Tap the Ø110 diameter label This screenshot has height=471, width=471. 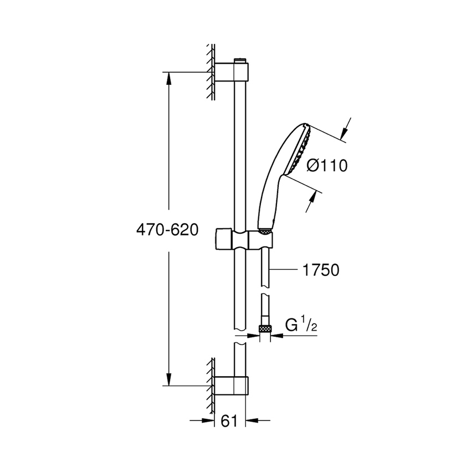tap(327, 166)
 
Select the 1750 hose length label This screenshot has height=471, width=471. tap(320, 270)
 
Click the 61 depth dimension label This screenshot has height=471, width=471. tap(229, 421)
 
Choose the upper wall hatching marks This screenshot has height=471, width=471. tap(211, 72)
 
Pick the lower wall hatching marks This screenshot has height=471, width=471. tap(211, 382)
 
